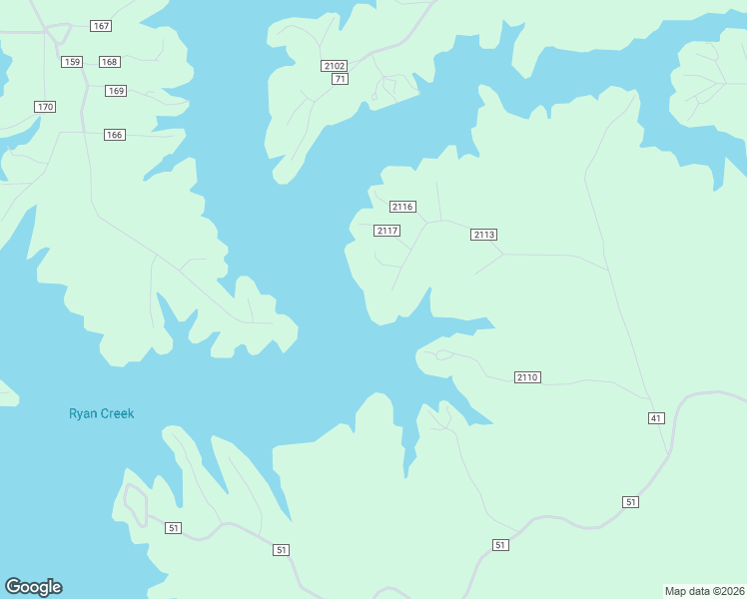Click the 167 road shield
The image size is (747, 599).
(100, 25)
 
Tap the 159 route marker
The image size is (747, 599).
(71, 62)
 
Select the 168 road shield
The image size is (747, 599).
(110, 62)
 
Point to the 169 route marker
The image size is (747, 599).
(117, 91)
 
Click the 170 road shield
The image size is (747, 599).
(44, 107)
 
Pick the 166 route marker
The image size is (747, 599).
(115, 135)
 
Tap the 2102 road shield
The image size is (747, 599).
(335, 66)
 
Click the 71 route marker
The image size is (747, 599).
(341, 79)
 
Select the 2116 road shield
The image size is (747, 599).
(402, 207)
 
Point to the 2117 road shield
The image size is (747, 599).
(387, 231)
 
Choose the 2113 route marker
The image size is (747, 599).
(484, 235)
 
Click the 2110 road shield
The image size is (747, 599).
(528, 377)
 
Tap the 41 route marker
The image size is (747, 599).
(656, 417)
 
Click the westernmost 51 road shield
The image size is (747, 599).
(174, 528)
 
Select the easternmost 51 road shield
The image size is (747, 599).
(630, 502)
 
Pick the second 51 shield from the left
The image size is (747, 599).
(282, 550)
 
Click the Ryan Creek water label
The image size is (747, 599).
(101, 413)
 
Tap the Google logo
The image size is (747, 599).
(33, 587)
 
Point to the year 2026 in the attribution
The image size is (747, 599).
(730, 591)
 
